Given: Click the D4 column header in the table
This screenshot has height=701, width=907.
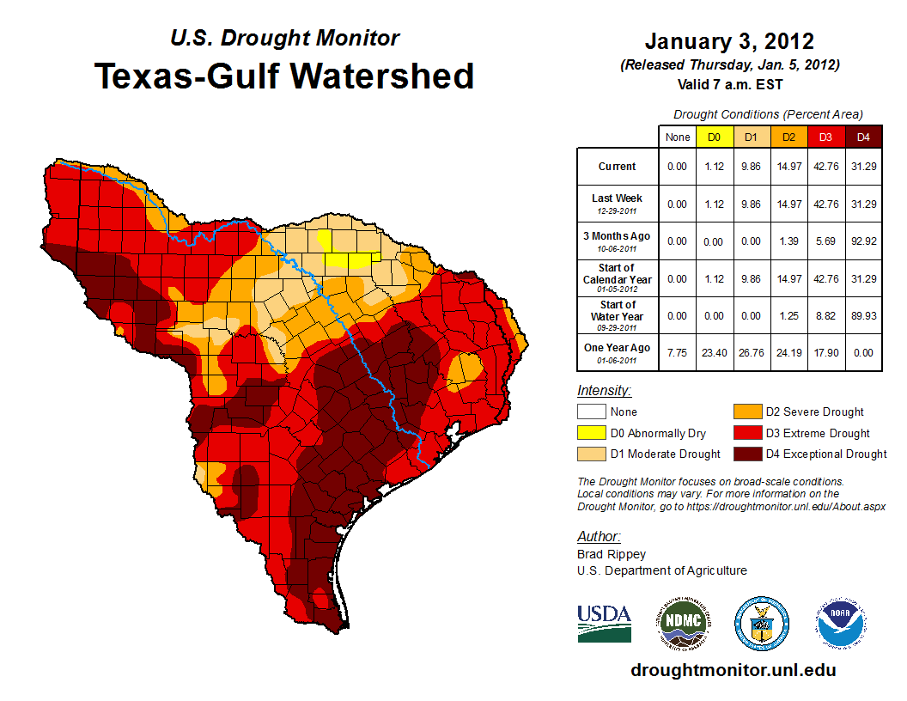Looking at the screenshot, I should pyautogui.click(x=863, y=137).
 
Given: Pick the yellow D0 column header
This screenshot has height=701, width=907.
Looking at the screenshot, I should pyautogui.click(x=714, y=137).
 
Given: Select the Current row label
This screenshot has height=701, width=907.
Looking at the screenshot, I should pyautogui.click(x=618, y=167).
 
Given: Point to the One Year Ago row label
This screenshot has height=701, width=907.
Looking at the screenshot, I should pyautogui.click(x=618, y=348).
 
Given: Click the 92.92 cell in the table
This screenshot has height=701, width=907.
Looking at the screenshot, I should pyautogui.click(x=863, y=241).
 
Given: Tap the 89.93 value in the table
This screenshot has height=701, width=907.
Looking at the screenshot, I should pyautogui.click(x=863, y=316).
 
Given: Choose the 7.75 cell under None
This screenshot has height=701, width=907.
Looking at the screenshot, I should pyautogui.click(x=678, y=348).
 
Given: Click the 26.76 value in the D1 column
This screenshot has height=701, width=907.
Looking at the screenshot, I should pyautogui.click(x=751, y=348).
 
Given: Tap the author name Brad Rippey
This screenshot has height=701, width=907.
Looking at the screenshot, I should pyautogui.click(x=612, y=554).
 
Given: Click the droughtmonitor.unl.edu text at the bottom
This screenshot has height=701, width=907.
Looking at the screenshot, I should pyautogui.click(x=733, y=670).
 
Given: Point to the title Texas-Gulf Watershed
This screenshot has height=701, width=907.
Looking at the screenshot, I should pyautogui.click(x=284, y=76).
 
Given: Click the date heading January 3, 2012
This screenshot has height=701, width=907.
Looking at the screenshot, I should pyautogui.click(x=729, y=42).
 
